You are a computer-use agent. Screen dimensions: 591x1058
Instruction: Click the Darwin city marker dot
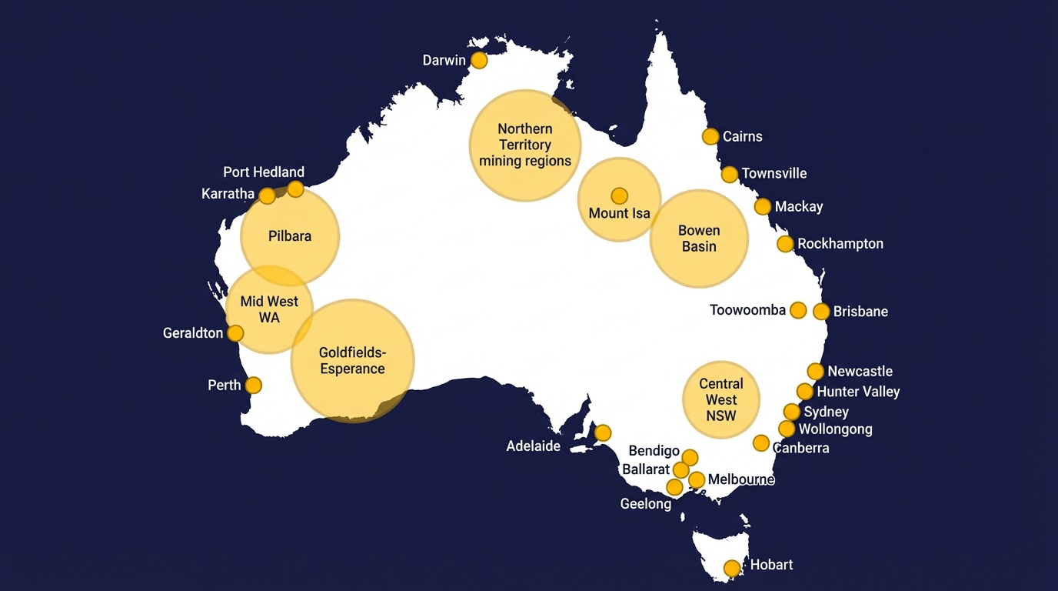479,60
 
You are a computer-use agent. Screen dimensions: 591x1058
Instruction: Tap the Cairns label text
742,136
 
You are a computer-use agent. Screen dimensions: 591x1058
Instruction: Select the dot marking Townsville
730,174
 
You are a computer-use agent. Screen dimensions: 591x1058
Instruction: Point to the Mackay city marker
763,206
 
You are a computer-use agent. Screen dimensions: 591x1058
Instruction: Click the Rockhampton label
840,244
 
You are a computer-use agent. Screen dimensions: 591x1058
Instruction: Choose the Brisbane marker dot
821,312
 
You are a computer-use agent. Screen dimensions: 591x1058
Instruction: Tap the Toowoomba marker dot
798,310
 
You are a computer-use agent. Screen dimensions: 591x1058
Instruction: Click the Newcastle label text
860,372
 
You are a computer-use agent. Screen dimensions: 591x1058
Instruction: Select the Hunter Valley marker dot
805,392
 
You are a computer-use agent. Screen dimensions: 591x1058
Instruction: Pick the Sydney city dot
792,412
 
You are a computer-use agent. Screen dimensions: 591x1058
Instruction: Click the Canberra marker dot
761,442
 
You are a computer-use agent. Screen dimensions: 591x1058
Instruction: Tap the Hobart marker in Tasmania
732,568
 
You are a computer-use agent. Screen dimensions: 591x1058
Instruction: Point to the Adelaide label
533,446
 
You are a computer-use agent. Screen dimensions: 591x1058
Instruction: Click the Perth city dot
253,385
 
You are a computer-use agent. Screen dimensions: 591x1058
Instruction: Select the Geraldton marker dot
235,333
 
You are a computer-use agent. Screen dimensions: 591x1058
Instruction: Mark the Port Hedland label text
264,172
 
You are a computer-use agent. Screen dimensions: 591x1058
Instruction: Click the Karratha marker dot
267,195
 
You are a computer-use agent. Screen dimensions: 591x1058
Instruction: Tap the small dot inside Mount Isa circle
619,195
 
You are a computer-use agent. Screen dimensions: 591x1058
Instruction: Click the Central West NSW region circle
721,399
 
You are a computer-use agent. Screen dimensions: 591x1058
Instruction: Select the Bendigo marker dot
690,457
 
